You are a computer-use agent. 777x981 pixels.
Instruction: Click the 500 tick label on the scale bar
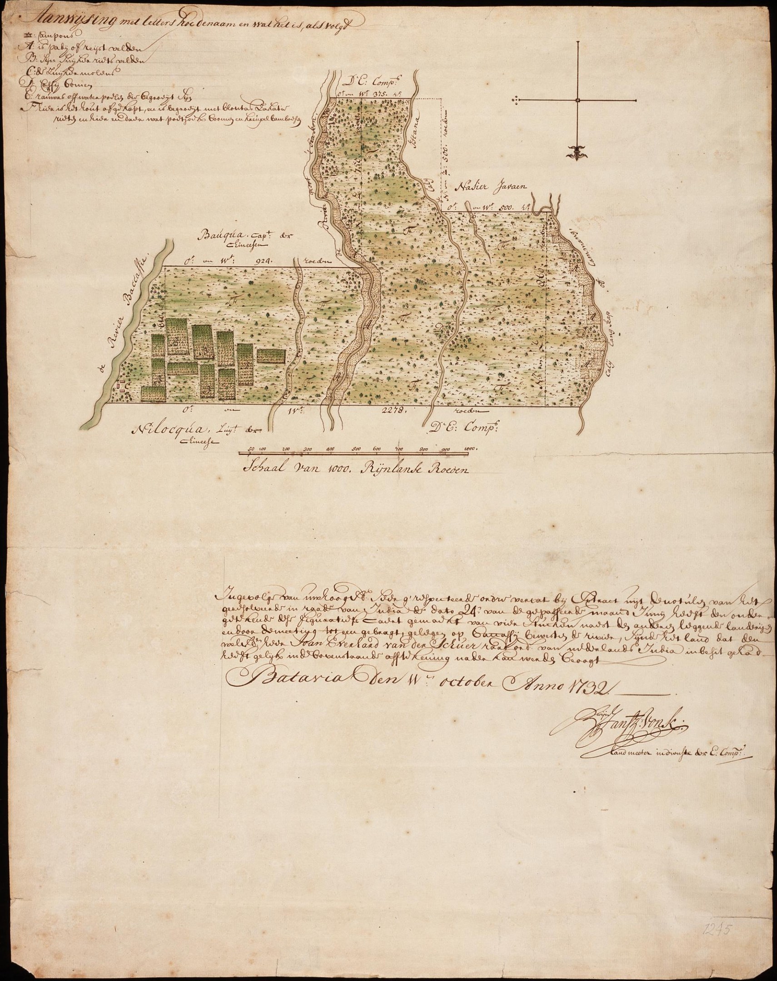tap(356, 450)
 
